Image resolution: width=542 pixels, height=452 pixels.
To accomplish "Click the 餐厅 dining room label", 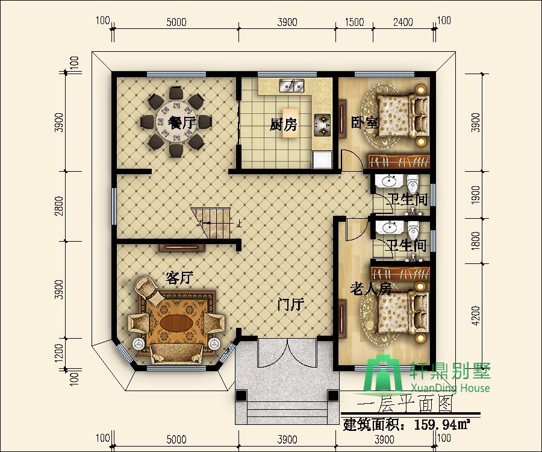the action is pos(182,122).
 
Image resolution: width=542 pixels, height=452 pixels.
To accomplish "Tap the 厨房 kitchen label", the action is pos(284,125).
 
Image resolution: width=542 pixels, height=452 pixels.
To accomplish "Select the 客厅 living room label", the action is pos(179,277).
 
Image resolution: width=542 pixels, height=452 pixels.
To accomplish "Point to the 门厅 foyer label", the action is pos(291,304).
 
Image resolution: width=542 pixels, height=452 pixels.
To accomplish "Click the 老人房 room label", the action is pos(370,289).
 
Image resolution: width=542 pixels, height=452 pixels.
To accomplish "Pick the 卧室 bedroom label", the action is pos(364,122).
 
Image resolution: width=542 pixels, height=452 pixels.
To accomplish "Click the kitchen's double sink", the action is pos(291,86).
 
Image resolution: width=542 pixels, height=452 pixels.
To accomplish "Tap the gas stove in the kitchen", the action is pos(322,125).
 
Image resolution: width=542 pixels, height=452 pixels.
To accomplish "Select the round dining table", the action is pos(176,122).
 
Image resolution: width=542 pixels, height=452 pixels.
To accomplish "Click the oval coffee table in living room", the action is pos(176,324).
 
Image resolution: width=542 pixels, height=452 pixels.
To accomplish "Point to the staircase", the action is pos(211,223).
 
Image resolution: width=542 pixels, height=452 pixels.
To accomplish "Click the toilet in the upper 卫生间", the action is pos(413,183).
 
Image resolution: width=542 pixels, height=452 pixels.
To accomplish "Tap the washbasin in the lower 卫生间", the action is pos(390,228).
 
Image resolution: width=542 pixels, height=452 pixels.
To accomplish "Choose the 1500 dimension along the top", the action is pos(354,22).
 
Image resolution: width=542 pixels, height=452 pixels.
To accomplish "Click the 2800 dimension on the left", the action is pos(60,206).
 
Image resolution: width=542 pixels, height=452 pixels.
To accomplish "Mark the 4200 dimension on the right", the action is pos(476,315).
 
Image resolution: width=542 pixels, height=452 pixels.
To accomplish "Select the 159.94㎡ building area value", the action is pos(442,424).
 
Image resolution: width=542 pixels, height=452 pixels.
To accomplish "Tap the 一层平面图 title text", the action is pos(405,403).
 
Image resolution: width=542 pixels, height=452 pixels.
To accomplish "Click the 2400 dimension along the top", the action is pos(403,22).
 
